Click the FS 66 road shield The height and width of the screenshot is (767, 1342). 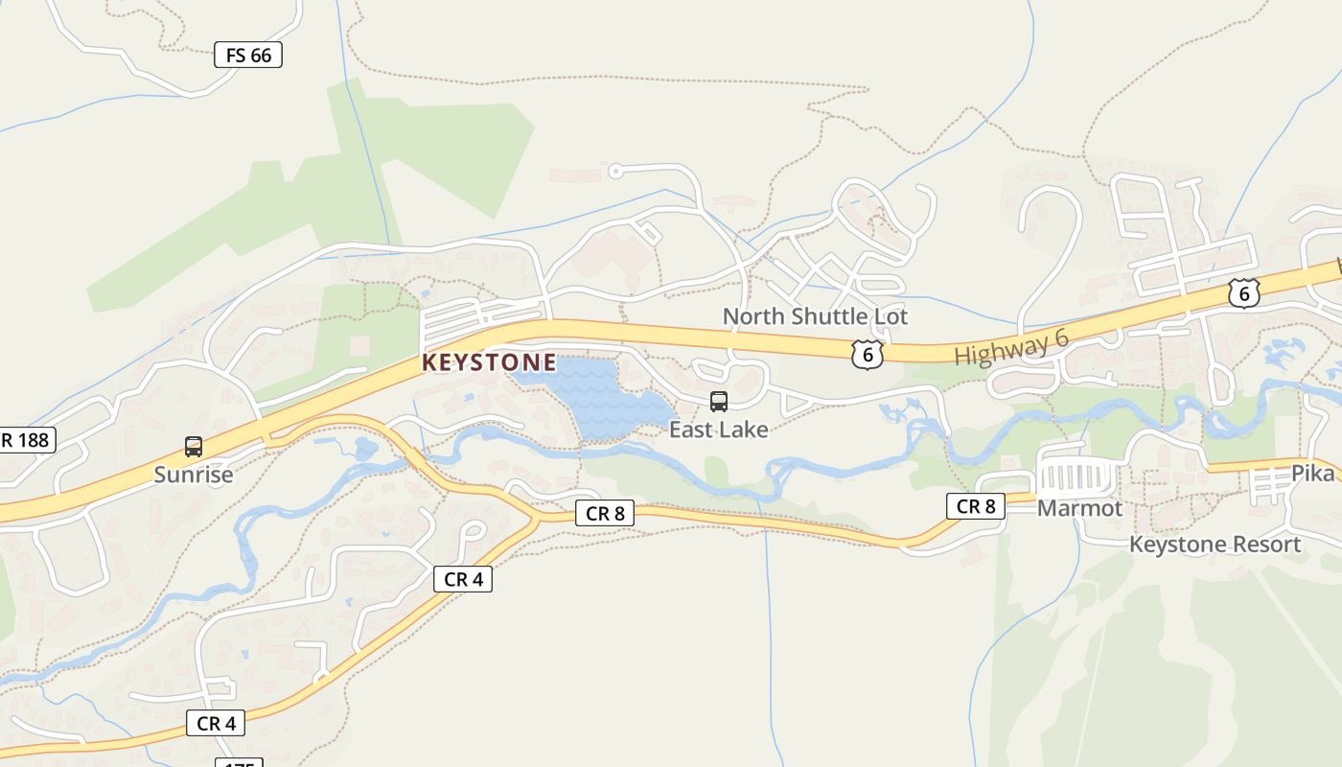248,56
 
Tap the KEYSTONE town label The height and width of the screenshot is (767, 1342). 489,362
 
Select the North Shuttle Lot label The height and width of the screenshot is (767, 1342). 815,316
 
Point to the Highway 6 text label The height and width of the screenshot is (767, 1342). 1011,346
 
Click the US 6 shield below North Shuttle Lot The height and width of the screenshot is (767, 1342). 868,355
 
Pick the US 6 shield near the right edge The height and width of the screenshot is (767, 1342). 1243,293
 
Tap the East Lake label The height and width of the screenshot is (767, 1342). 719,430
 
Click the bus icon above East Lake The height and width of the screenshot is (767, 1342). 719,402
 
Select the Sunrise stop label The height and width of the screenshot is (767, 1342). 194,475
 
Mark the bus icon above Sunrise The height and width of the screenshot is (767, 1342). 194,447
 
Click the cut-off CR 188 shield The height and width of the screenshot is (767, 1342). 27,440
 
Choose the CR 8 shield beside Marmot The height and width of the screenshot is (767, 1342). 976,506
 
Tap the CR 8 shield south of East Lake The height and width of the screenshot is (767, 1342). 605,513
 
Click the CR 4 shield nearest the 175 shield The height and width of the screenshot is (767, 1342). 216,723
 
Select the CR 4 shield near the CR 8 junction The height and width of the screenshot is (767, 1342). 463,579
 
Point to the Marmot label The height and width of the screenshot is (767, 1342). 1079,508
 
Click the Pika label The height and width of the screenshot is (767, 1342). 1312,474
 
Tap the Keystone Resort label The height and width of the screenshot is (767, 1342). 1215,545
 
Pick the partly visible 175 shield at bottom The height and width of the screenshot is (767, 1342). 239,763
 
